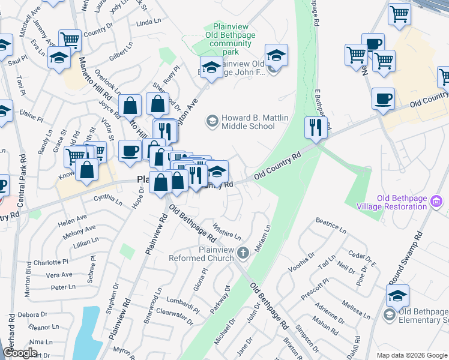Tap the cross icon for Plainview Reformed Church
tap(243, 253)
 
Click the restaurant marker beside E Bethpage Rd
tap(315, 127)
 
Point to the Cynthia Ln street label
tap(108, 200)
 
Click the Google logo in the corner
tap(20, 353)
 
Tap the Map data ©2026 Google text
tap(411, 355)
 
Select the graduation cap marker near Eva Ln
tap(59, 58)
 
